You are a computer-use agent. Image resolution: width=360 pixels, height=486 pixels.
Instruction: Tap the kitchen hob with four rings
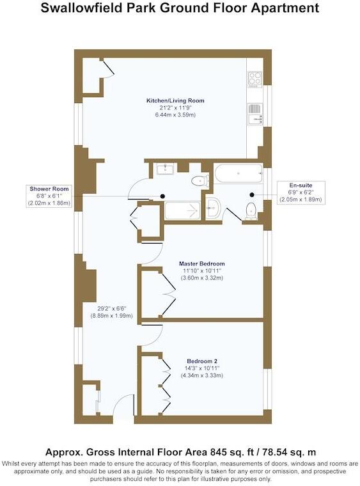(254, 79)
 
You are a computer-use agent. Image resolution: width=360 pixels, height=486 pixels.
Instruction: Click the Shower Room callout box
(49, 196)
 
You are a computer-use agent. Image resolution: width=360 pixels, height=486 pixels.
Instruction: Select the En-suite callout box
(301, 192)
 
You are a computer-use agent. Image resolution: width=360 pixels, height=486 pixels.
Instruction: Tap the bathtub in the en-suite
(238, 173)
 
